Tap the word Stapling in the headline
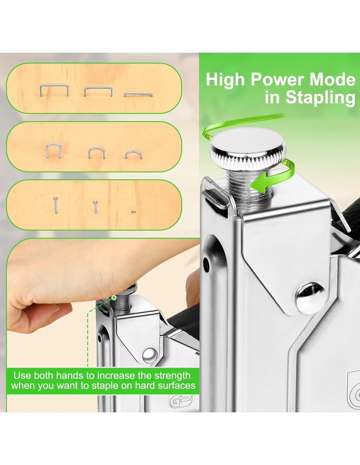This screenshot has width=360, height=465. (x=320, y=98)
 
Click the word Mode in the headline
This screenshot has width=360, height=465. (x=333, y=79)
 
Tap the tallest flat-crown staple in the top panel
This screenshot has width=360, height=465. (x=54, y=90)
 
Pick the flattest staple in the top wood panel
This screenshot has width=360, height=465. (x=138, y=94)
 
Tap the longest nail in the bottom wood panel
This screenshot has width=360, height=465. (x=56, y=205)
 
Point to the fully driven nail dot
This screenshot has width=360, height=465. (x=134, y=212)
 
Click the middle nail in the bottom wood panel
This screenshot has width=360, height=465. (x=96, y=207)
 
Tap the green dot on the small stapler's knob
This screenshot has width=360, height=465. (x=114, y=297)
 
